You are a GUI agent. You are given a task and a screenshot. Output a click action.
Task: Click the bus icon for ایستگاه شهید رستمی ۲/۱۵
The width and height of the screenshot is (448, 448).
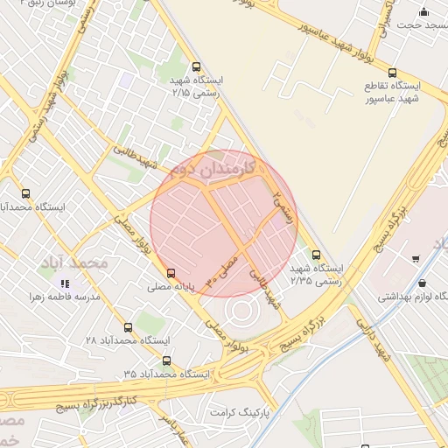(x=195, y=66)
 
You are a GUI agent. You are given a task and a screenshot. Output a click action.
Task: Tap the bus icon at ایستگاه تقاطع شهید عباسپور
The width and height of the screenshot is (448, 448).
(x=391, y=73)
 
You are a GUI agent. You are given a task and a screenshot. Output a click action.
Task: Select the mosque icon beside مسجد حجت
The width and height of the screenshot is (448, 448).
(x=424, y=11)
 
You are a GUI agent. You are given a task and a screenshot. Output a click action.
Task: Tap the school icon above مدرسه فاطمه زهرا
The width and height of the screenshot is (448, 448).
(x=65, y=283)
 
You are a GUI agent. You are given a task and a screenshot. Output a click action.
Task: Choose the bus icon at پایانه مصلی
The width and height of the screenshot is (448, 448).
(x=170, y=273)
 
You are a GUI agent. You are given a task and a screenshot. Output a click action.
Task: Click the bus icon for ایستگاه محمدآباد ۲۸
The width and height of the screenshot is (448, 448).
(x=129, y=327)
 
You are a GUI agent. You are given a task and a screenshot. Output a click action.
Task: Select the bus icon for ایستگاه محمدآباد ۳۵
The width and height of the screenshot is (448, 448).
(x=166, y=360)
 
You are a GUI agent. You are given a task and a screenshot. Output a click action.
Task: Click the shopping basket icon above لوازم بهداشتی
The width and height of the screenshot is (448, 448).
(x=423, y=283)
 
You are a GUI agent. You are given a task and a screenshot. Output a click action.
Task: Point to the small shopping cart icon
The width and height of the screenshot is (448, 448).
(x=415, y=258)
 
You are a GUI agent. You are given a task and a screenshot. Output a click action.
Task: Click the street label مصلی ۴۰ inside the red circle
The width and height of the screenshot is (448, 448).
(x=220, y=269)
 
